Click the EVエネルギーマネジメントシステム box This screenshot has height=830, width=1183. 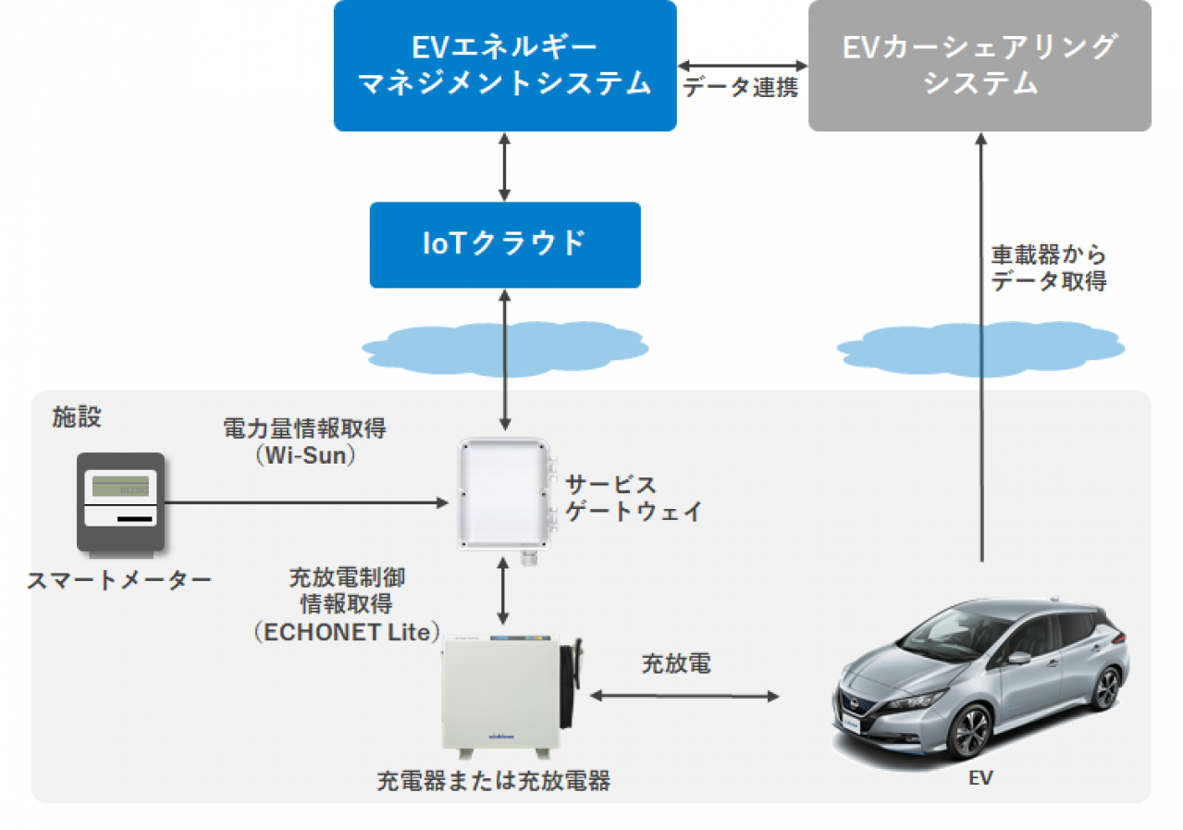[504, 65]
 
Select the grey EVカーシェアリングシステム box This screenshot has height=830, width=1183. [980, 65]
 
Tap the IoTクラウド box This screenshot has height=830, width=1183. [504, 244]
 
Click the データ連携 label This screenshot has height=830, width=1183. [740, 89]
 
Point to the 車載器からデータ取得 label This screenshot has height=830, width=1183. [1048, 268]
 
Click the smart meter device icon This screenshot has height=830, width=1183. [120, 504]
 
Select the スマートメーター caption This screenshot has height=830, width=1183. [119, 580]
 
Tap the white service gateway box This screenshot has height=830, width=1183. [505, 492]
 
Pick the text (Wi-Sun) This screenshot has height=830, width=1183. [305, 455]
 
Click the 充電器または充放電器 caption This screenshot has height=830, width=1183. [493, 781]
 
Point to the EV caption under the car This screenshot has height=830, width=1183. [980, 778]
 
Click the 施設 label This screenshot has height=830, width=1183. [76, 418]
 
